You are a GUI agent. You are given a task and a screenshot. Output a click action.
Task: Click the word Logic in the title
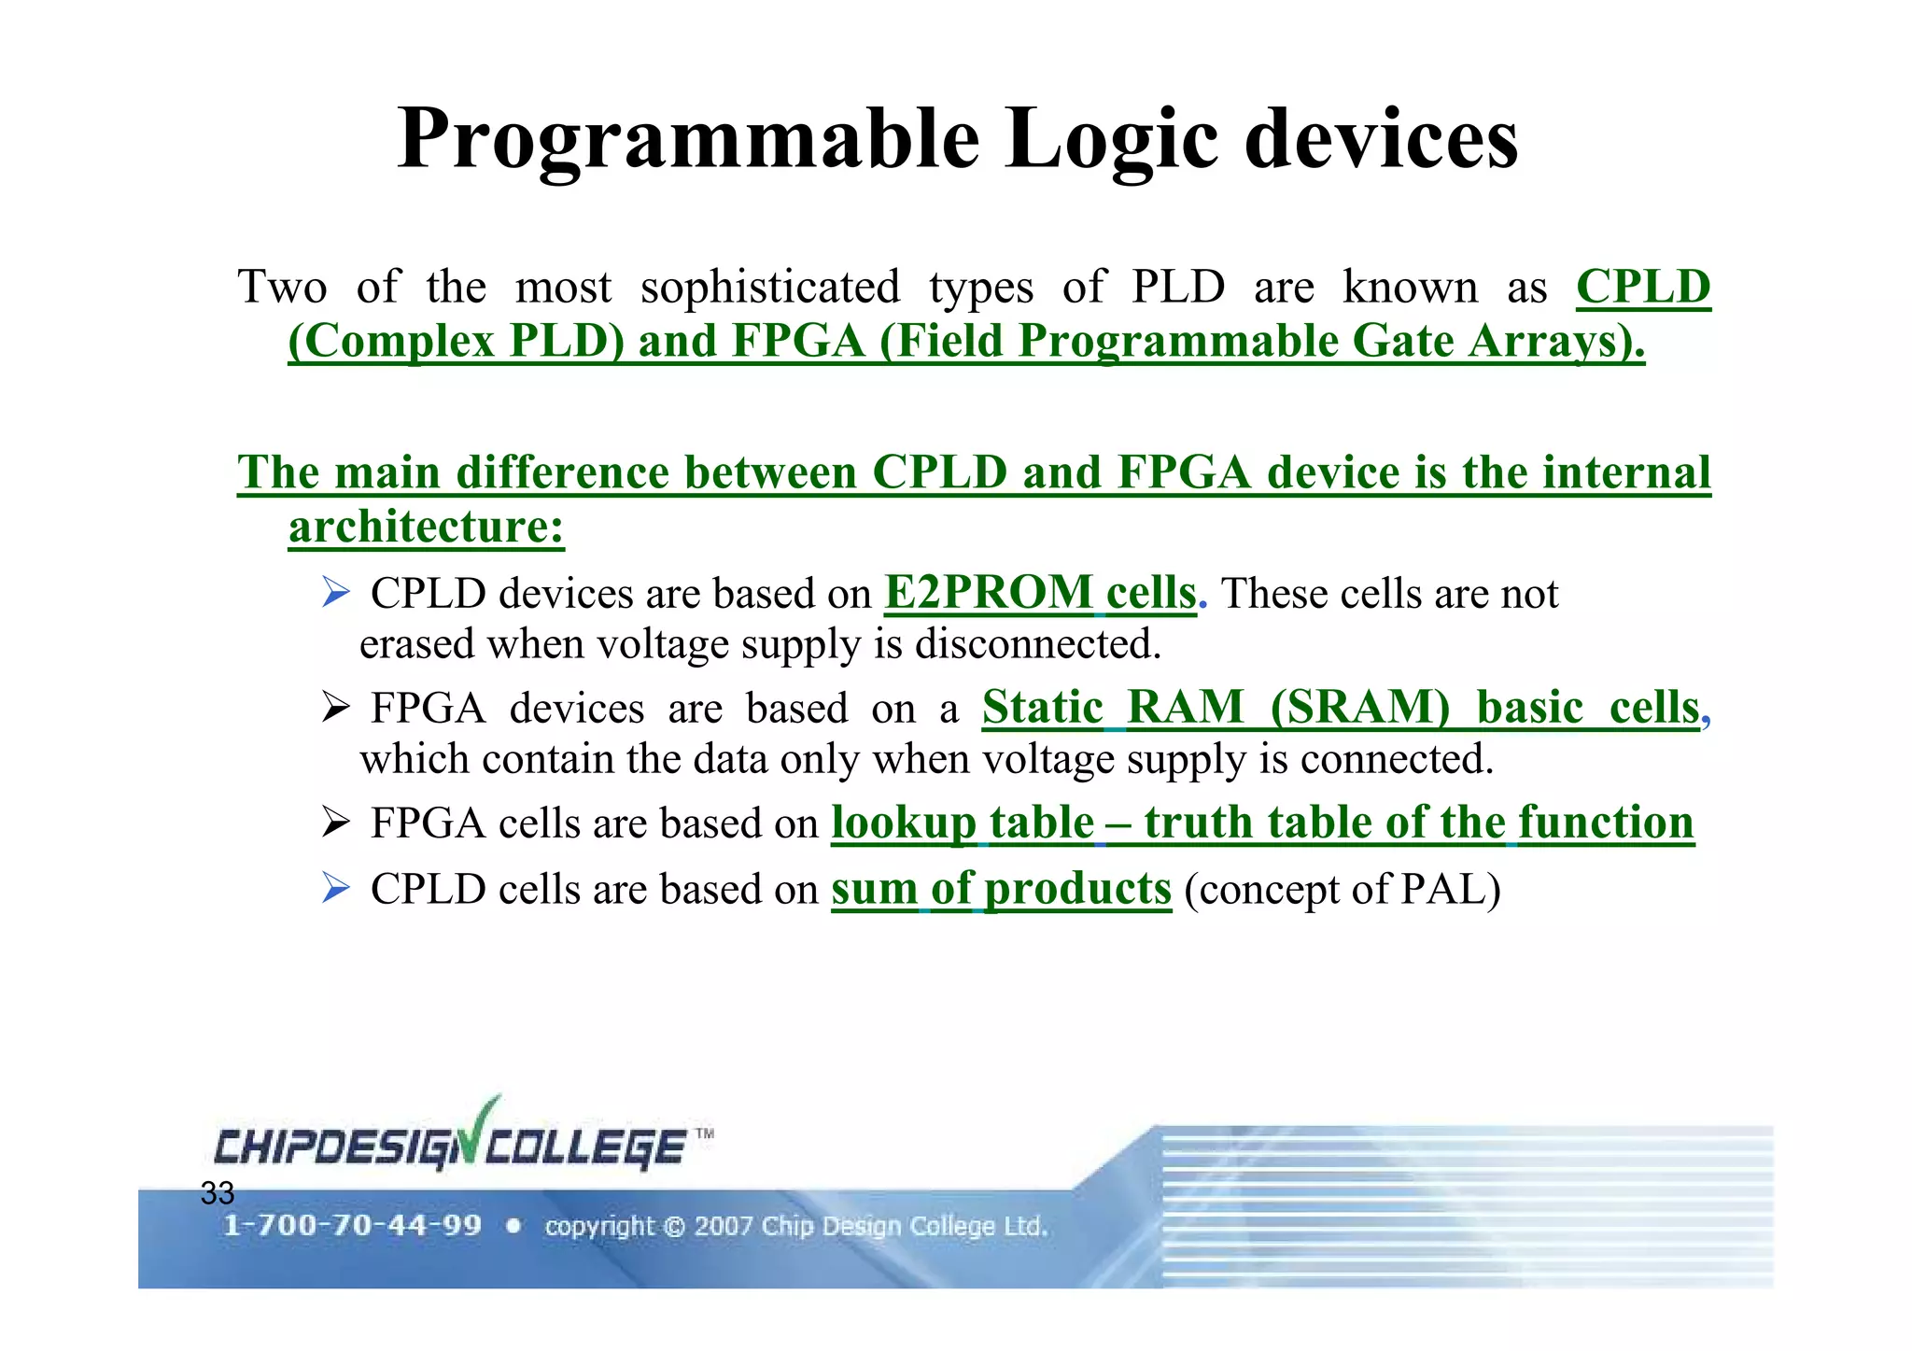pos(1111,140)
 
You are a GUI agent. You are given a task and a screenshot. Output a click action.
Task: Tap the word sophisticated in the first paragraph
pos(770,287)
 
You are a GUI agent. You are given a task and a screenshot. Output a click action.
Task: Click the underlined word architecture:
pos(426,527)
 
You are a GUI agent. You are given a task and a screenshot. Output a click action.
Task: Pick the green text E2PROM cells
pos(1040,593)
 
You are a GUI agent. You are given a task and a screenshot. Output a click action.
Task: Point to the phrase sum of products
pos(1001,888)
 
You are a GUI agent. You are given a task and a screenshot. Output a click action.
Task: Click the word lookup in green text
pos(903,823)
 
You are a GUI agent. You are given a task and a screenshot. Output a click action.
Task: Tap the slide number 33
pos(217,1193)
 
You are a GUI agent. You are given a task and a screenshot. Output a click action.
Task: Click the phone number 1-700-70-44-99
pos(352,1226)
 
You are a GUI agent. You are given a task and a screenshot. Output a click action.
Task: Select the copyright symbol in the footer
pos(674,1227)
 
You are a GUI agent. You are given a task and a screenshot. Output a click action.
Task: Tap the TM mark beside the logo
pos(705,1134)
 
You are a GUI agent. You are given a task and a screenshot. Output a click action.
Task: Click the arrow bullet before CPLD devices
pos(335,593)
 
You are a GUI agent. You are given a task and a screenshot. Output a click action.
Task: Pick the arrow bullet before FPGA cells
pos(335,823)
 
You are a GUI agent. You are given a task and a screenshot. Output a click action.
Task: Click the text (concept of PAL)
pos(1342,889)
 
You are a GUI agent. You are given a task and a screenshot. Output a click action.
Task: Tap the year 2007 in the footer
pos(724,1226)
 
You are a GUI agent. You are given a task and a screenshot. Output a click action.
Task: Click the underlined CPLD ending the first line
pos(1643,287)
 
